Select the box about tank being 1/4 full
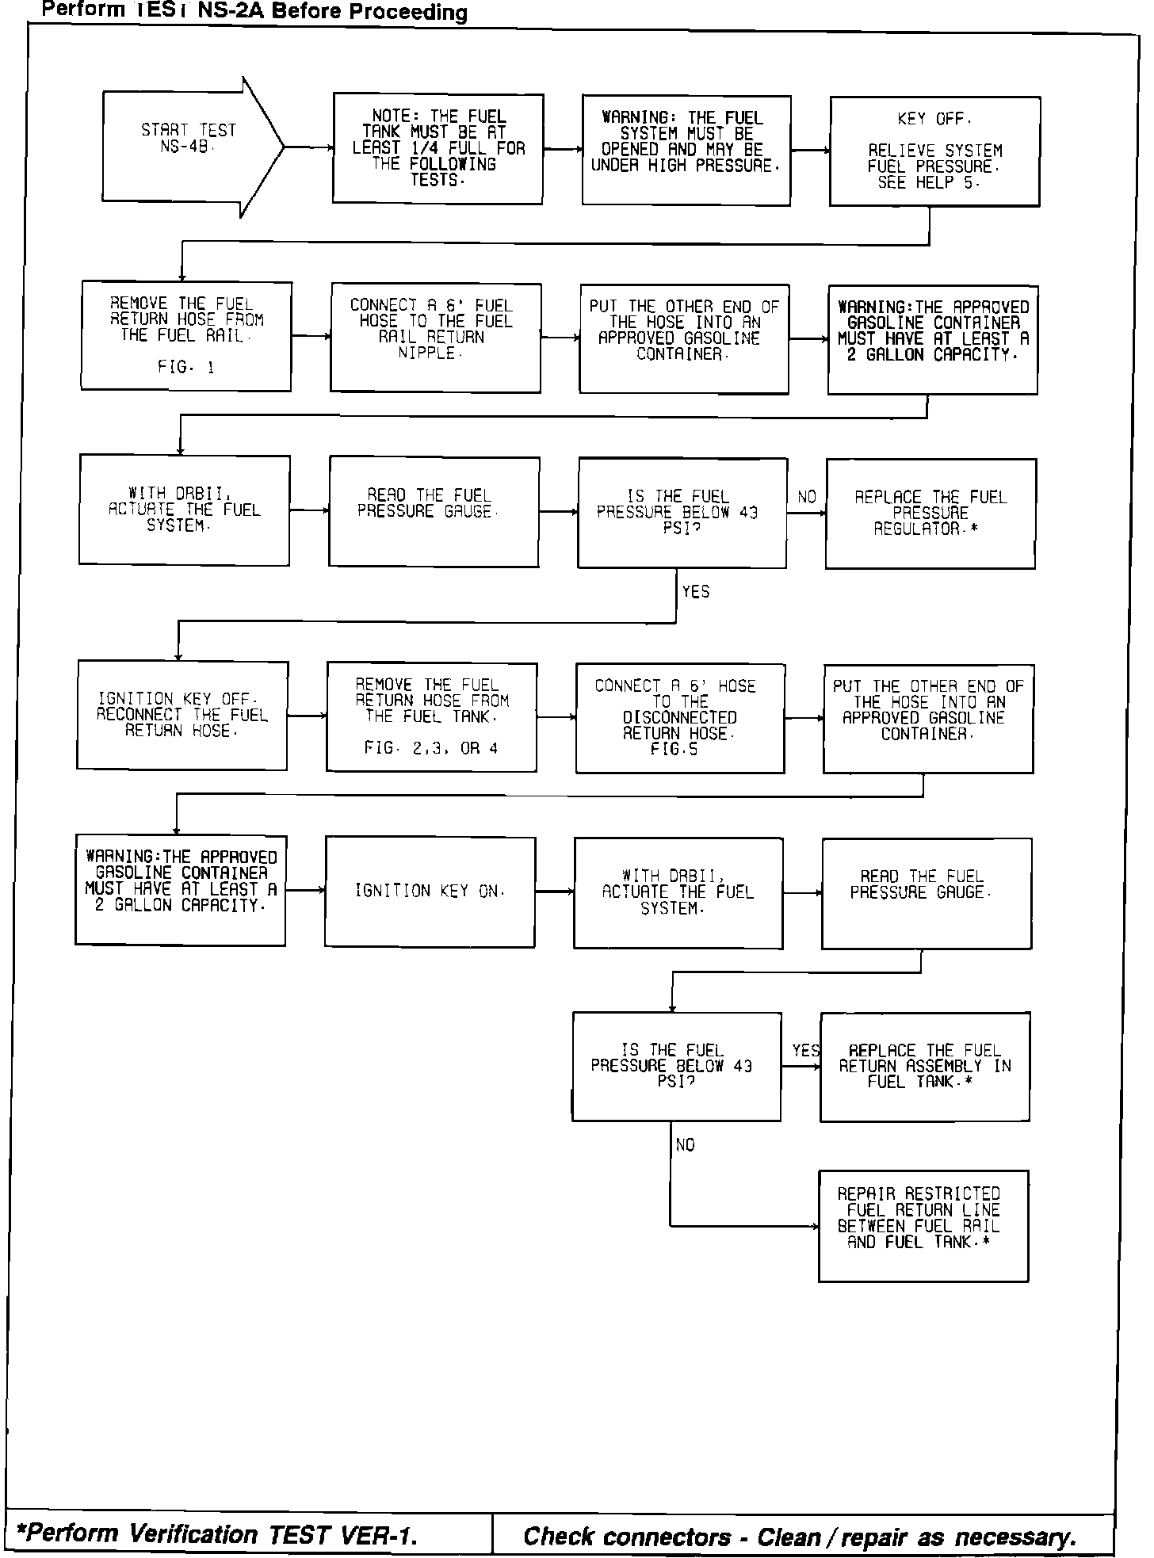pyautogui.click(x=438, y=149)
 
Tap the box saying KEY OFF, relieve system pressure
pyautogui.click(x=934, y=151)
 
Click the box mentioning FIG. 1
pyautogui.click(x=186, y=335)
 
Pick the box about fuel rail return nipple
pyautogui.click(x=435, y=337)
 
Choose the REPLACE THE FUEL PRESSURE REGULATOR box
pyautogui.click(x=930, y=513)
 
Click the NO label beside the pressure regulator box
pyautogui.click(x=807, y=497)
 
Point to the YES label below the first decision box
pyautogui.click(x=695, y=592)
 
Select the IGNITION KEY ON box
pyautogui.click(x=430, y=891)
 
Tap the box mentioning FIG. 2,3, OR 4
pyautogui.click(x=431, y=717)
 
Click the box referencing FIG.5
pyautogui.click(x=680, y=718)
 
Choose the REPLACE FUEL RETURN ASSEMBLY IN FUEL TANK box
pyautogui.click(x=925, y=1066)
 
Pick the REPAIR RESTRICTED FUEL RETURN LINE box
pyautogui.click(x=923, y=1225)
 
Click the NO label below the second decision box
pyautogui.click(x=685, y=1145)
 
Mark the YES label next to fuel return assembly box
pyautogui.click(x=805, y=1051)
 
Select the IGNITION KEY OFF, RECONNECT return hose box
pyautogui.click(x=182, y=715)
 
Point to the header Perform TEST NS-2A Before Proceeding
pyautogui.click(x=254, y=11)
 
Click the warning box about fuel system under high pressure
pyautogui.click(x=686, y=151)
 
